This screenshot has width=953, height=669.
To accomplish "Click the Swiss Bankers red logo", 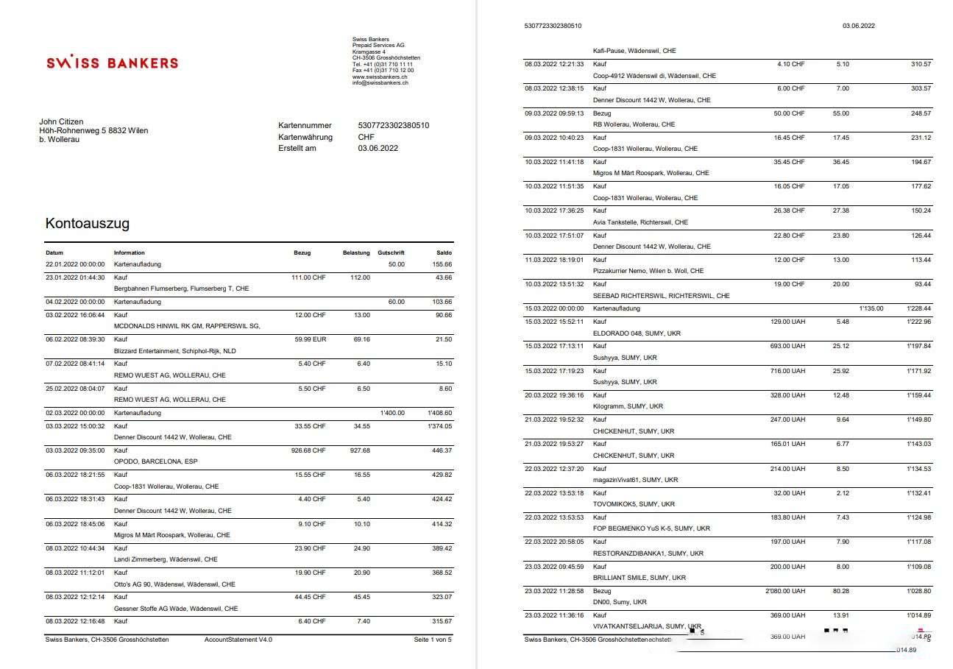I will [x=112, y=63].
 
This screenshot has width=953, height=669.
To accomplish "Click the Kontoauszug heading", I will [x=88, y=223].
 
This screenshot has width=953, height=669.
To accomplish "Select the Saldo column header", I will [x=443, y=252].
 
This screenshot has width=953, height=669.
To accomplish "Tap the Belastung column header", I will [x=356, y=252].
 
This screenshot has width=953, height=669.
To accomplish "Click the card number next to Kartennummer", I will [x=394, y=125].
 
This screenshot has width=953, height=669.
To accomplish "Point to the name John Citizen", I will [x=61, y=121].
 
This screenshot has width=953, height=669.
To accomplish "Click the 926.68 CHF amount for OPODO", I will [x=308, y=450].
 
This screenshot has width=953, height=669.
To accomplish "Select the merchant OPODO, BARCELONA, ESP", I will [x=155, y=461].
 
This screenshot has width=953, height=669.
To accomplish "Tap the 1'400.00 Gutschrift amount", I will [x=392, y=413].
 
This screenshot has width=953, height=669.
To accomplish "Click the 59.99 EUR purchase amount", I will [x=309, y=339].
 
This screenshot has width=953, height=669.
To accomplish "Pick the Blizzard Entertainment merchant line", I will [x=174, y=351].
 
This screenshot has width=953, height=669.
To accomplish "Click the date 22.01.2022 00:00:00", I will [x=75, y=264].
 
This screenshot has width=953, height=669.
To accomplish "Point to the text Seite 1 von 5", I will [x=433, y=640].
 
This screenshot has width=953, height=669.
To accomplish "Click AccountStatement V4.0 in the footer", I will [x=238, y=640].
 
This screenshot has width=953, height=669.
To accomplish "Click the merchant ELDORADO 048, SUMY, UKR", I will [x=637, y=333].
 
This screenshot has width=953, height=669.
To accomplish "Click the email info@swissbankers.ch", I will [x=380, y=82].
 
